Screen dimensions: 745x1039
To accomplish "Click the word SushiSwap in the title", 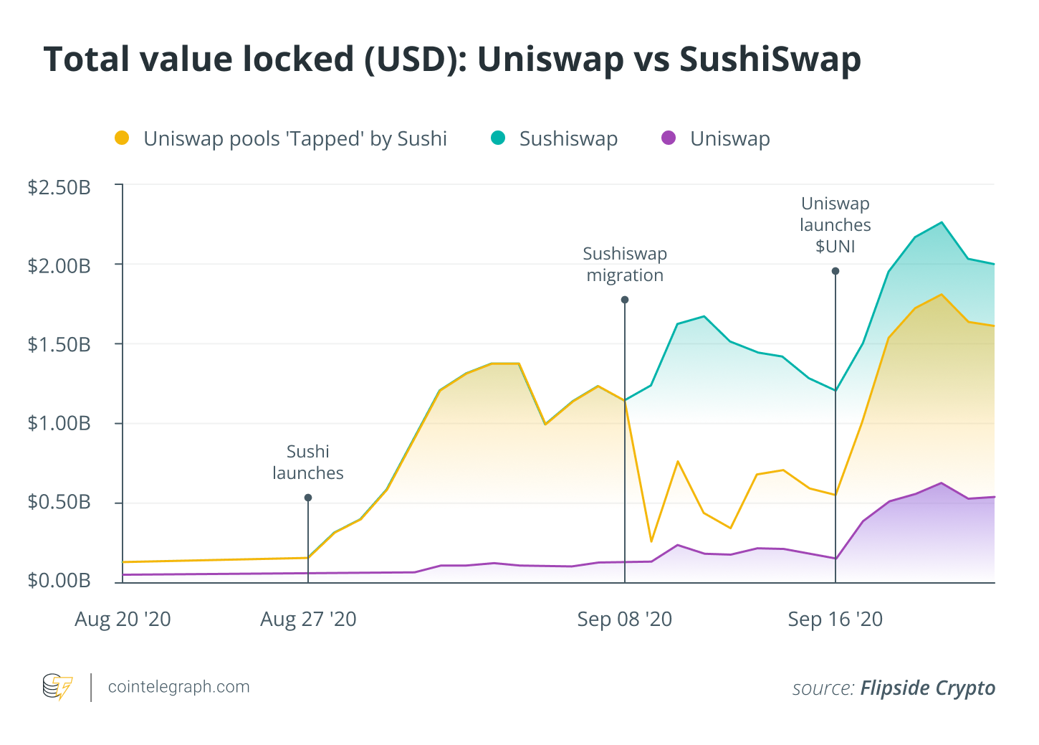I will [x=770, y=59].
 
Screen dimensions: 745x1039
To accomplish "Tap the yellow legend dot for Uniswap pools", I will [x=122, y=138].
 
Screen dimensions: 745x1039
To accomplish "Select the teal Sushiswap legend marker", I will [x=498, y=138].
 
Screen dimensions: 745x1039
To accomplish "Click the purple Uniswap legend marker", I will [x=669, y=138].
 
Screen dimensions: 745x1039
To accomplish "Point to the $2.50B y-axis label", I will [x=59, y=188].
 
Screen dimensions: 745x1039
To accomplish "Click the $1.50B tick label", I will [x=59, y=345].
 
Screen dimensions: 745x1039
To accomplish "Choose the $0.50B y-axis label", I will [x=59, y=502].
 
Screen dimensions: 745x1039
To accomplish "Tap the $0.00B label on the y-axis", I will [x=59, y=580].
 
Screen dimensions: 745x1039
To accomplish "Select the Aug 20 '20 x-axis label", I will [x=123, y=619].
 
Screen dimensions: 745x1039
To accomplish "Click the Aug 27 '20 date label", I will [x=308, y=619].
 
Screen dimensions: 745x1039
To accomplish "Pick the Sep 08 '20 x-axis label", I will [x=624, y=619].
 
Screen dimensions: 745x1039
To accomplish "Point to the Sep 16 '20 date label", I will [x=835, y=619].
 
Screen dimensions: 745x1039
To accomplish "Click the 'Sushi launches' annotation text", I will [x=308, y=462].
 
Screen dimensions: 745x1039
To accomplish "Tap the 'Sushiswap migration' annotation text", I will [x=625, y=265].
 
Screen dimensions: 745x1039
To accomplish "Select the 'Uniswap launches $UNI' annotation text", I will [x=835, y=225].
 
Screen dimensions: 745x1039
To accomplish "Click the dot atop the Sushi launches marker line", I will [x=308, y=498].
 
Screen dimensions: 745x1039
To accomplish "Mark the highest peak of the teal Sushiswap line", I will [x=942, y=222].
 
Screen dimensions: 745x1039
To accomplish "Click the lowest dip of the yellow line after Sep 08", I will [x=651, y=541].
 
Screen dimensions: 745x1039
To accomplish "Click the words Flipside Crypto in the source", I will [x=927, y=688].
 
